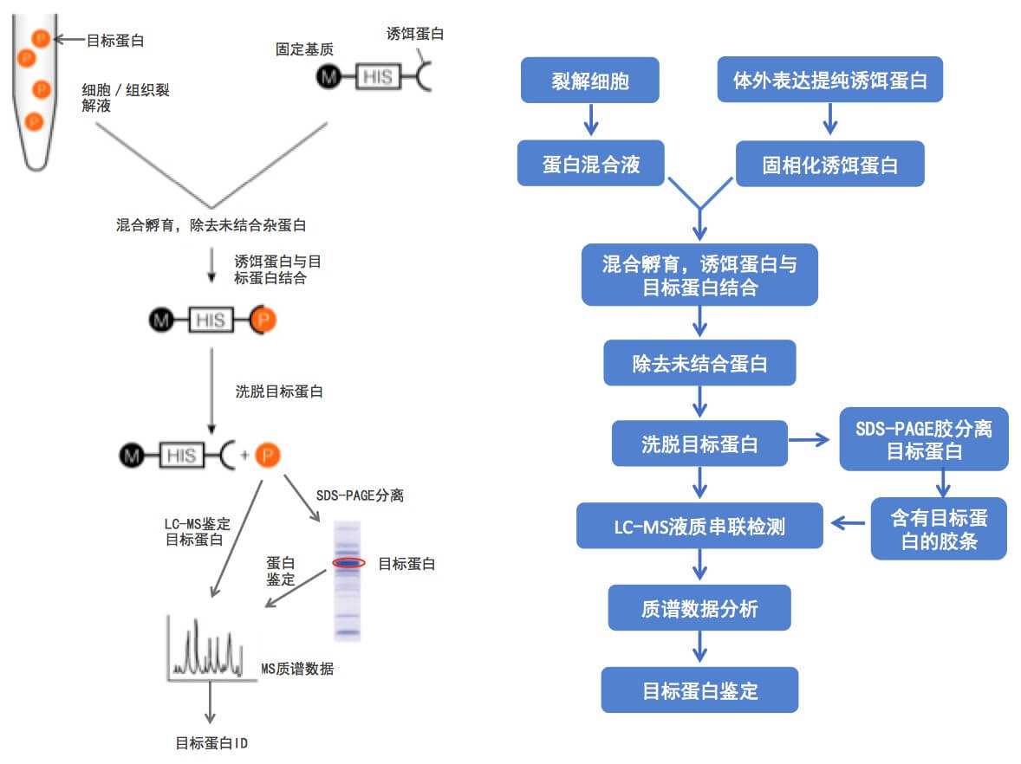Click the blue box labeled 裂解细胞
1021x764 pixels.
589,81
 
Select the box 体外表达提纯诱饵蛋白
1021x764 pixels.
829,81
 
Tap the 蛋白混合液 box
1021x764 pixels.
591,165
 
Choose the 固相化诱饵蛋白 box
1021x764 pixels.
829,165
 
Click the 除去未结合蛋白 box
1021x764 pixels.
699,363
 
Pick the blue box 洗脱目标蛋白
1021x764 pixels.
699,444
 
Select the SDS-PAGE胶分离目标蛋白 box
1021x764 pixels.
923,439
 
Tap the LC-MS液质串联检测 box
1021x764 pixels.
699,525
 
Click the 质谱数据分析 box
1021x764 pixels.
699,608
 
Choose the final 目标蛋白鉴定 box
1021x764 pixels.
699,690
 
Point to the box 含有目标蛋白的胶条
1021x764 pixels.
939,528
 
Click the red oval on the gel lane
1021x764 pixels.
348,563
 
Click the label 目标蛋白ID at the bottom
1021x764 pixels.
212,743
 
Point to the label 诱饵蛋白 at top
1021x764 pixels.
415,34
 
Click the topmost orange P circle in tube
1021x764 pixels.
41,38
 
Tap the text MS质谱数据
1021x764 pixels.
297,669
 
